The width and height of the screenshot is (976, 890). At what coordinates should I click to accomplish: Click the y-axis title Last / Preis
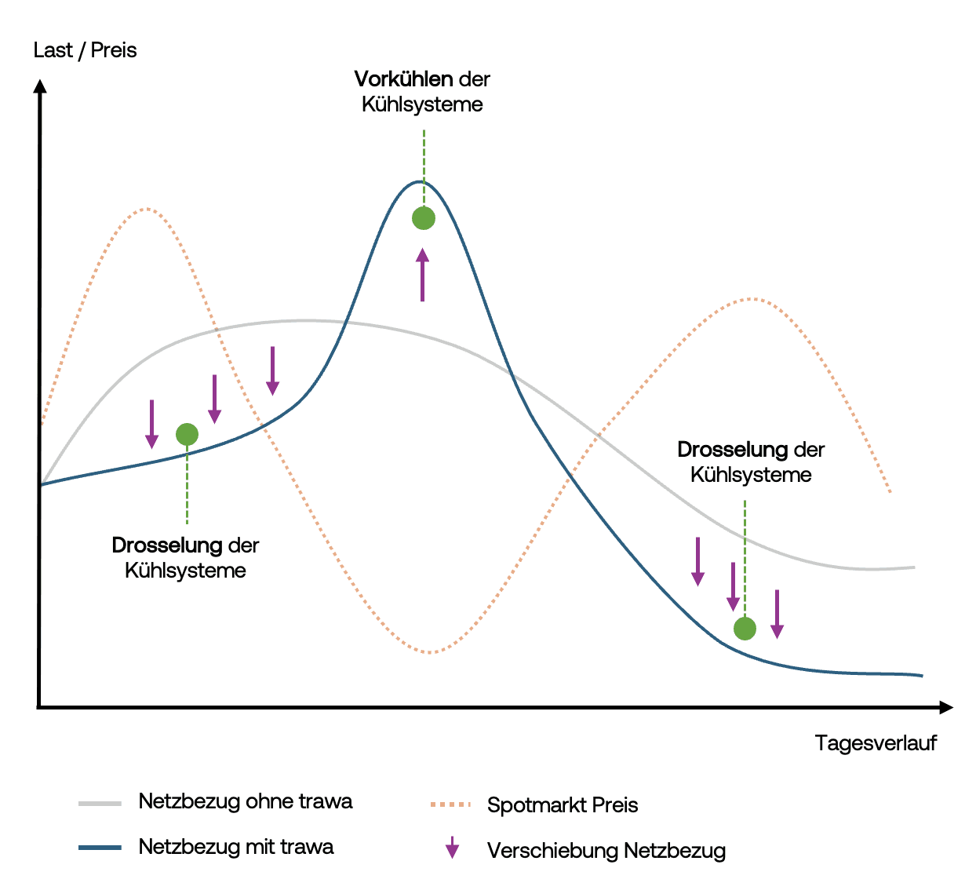[85, 50]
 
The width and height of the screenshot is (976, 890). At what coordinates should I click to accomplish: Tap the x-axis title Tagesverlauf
[876, 742]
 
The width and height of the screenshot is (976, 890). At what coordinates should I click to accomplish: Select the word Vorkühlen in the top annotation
[403, 79]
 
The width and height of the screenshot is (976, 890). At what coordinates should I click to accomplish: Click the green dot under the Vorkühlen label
[424, 218]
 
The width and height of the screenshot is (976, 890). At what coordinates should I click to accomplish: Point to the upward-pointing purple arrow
[423, 275]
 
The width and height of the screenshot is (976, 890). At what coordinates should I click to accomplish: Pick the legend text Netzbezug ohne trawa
[245, 801]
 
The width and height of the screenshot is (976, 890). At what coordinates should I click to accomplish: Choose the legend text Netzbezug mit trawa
[235, 847]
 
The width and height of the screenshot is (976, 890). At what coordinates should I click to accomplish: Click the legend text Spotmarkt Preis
[563, 805]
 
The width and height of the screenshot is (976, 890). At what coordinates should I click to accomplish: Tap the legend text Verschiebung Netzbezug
[606, 851]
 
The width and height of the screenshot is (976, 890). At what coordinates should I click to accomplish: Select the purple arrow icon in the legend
[452, 848]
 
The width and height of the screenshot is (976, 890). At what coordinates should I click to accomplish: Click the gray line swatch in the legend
[100, 803]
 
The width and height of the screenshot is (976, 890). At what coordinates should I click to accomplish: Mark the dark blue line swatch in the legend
[100, 848]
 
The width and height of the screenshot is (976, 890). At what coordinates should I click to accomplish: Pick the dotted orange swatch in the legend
[450, 804]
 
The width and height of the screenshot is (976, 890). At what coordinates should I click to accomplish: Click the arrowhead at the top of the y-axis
[40, 85]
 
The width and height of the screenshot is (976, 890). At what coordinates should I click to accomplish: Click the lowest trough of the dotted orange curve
[430, 652]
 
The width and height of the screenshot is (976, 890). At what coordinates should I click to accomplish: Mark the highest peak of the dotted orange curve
[147, 209]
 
